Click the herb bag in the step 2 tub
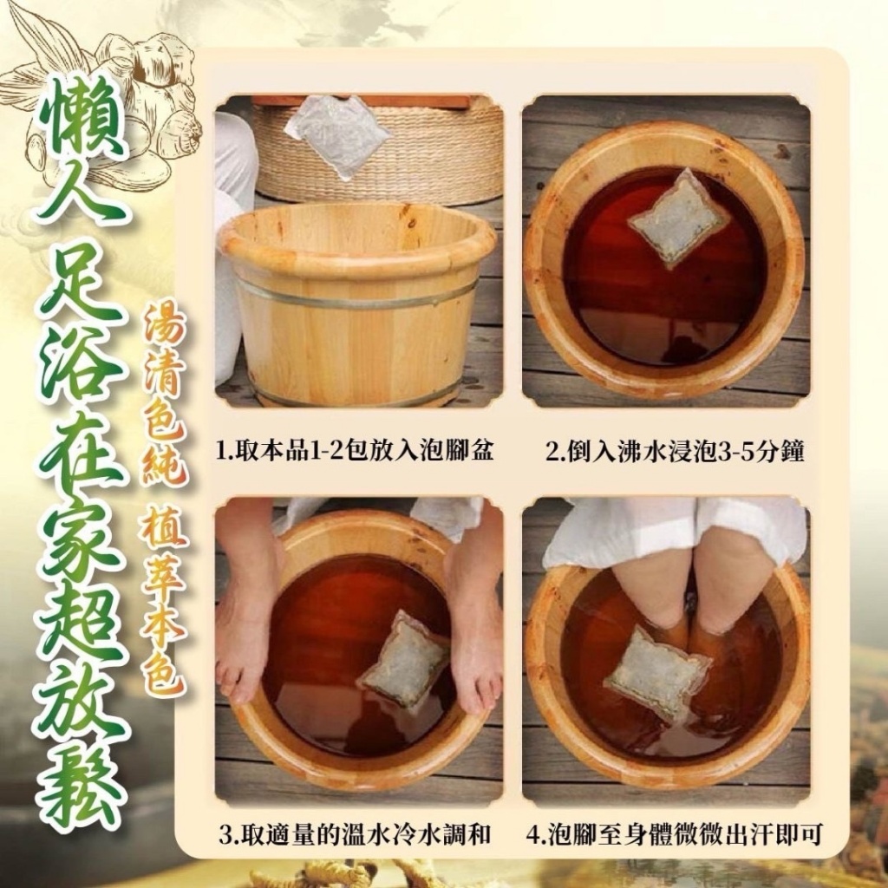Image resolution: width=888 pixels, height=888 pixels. [677, 219]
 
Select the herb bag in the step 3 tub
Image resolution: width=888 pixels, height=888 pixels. [404, 662]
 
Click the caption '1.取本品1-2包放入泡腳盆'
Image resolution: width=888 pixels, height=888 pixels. [356, 452]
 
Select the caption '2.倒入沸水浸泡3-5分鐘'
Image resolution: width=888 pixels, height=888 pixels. [663, 452]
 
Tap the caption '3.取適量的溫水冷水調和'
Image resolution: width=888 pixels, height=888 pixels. [356, 836]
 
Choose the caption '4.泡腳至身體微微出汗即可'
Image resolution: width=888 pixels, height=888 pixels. [674, 836]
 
